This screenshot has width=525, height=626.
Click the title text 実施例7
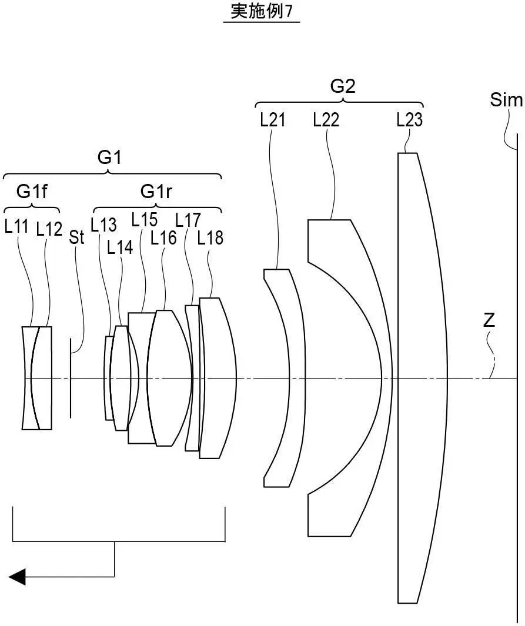point(261,12)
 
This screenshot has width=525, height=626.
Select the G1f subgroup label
point(32,192)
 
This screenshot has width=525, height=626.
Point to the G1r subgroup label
point(156,192)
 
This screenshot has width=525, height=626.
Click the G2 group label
point(342,87)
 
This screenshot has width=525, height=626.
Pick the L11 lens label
point(16,227)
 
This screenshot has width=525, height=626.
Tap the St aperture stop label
point(76,237)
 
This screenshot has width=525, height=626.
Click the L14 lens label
point(120,247)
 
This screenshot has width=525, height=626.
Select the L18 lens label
point(210,237)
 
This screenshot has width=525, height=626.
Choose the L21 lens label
point(272,120)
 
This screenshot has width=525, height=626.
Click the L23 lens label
point(409,120)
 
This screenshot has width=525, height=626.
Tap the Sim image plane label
point(506,101)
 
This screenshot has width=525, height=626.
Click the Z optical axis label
point(489,321)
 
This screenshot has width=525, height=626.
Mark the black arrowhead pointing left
point(17,577)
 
